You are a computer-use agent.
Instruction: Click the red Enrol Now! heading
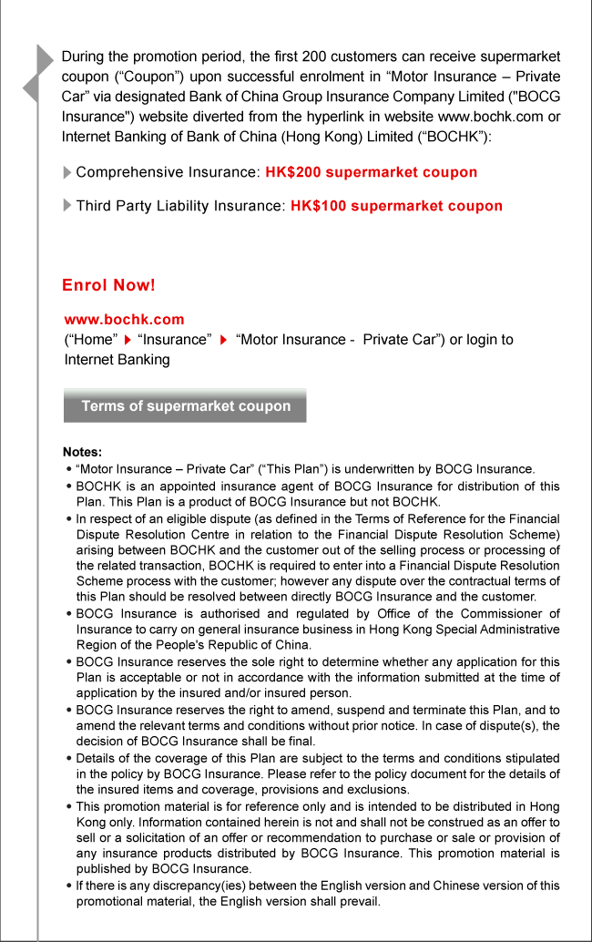coord(108,285)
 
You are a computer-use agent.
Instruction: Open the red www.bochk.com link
coord(124,320)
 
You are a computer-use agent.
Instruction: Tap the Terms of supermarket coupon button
coord(185,406)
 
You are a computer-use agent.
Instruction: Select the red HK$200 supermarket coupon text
coord(371,172)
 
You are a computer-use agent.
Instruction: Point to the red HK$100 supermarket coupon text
coord(396,206)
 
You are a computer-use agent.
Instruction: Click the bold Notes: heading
coord(82,452)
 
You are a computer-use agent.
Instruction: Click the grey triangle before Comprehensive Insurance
coord(67,172)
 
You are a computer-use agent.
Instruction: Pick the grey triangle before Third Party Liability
coord(67,206)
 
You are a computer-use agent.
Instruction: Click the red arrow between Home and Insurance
coord(128,340)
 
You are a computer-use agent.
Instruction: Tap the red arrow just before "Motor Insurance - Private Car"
coord(222,340)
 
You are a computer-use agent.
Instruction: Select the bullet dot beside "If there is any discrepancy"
coord(69,886)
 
